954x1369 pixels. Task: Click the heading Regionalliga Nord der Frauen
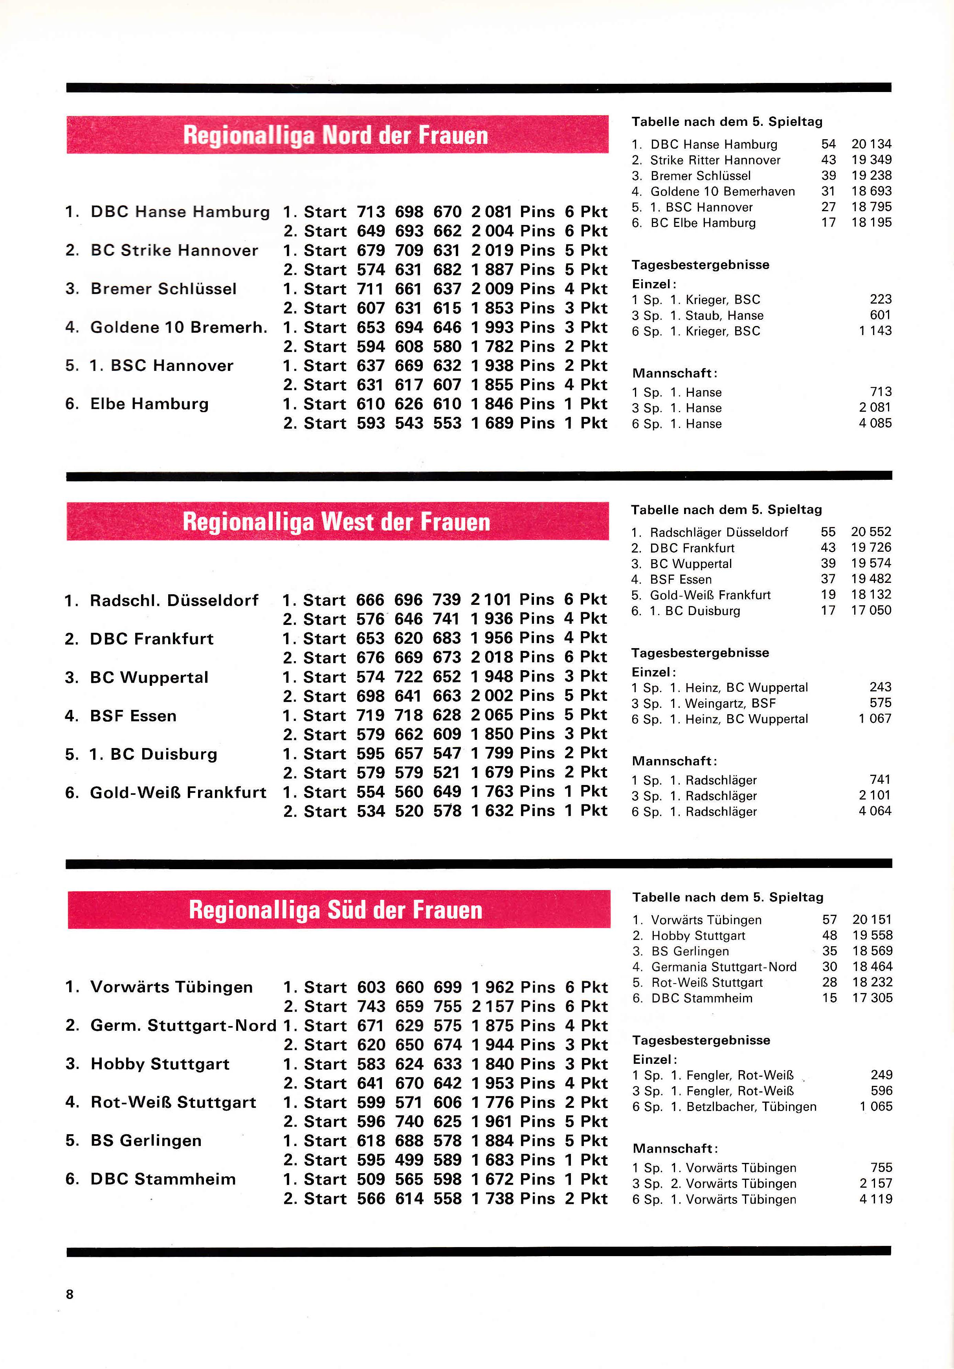(x=336, y=135)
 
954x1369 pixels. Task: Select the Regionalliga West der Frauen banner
(x=337, y=522)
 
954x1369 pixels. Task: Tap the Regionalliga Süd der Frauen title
(x=336, y=910)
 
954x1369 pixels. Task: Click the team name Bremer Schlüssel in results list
(x=163, y=289)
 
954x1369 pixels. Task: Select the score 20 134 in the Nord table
(x=871, y=144)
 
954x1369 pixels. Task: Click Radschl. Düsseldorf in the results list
(x=174, y=601)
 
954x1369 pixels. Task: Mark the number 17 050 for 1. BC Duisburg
(x=871, y=611)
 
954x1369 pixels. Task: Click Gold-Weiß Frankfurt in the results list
(x=178, y=792)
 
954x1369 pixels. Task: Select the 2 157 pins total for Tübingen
(x=492, y=1006)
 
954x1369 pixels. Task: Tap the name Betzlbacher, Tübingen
(x=751, y=1107)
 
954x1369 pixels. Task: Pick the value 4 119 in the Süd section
(x=875, y=1199)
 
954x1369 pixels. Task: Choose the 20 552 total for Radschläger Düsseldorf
(x=871, y=532)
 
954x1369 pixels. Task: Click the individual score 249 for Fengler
(x=881, y=1075)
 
